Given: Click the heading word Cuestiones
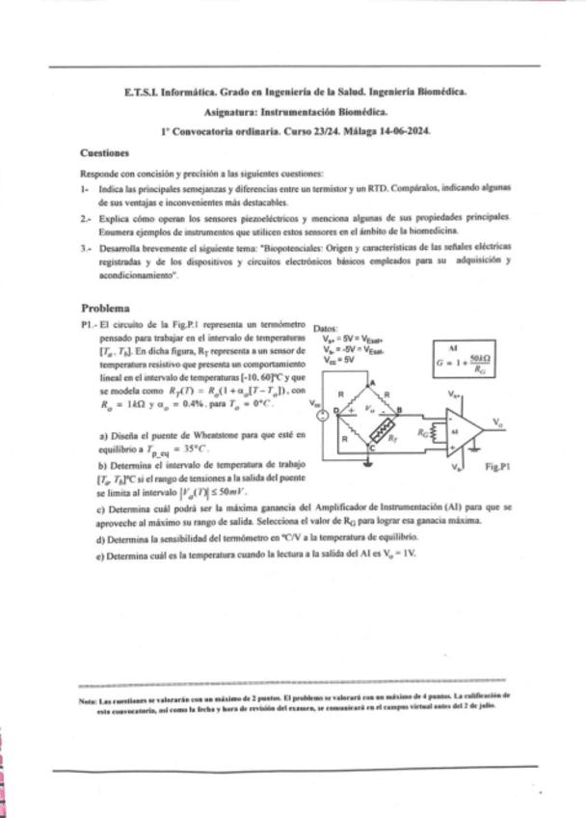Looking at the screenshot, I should coord(105,152).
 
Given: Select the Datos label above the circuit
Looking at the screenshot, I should coord(326,328).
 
